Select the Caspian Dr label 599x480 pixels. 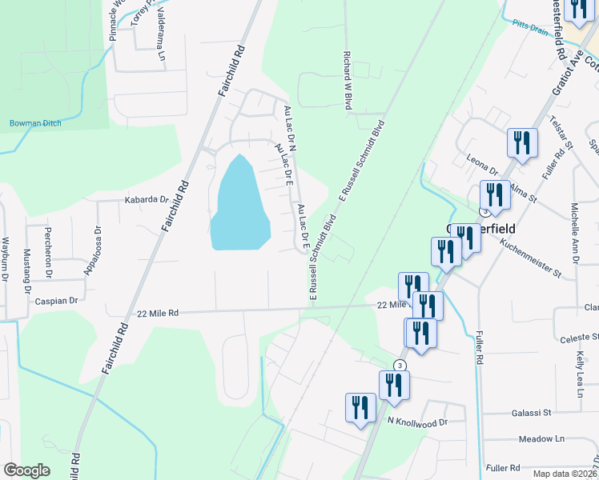(x=56, y=301)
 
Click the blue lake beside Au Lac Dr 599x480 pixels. (x=239, y=205)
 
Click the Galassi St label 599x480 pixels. (x=532, y=413)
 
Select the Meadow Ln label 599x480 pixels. (x=541, y=438)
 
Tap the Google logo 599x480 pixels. (x=26, y=470)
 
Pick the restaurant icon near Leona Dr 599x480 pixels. (x=522, y=143)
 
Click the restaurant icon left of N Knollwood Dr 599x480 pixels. (x=360, y=407)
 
